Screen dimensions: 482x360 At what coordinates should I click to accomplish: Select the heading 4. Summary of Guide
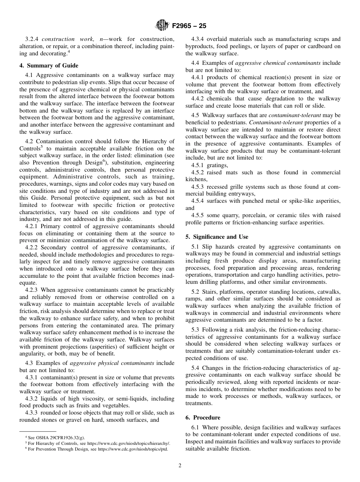click(x=49, y=65)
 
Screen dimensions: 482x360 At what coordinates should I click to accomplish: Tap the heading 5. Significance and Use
click(x=217, y=237)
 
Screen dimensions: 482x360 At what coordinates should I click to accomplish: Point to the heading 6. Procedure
click(x=203, y=418)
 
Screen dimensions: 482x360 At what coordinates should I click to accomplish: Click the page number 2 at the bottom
click(x=180, y=466)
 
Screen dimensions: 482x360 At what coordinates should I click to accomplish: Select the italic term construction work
click(x=64, y=39)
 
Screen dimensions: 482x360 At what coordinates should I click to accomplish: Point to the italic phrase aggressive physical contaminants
click(x=112, y=363)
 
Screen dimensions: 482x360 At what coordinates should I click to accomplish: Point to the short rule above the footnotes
click(x=38, y=431)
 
